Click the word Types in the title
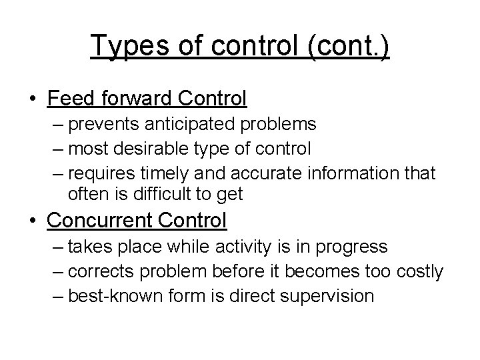(124, 47)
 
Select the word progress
(351, 247)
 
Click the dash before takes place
(59, 247)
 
